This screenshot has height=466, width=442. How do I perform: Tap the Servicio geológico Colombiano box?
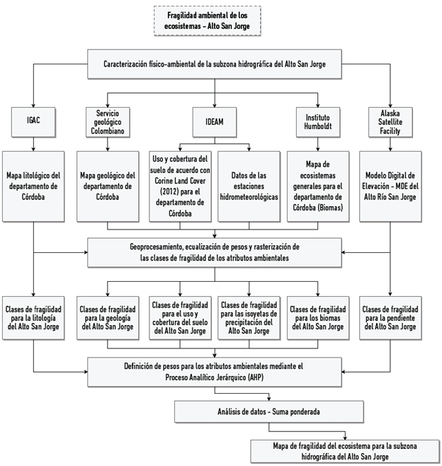tap(108, 121)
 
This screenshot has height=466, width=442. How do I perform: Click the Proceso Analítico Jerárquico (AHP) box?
tap(215, 372)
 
